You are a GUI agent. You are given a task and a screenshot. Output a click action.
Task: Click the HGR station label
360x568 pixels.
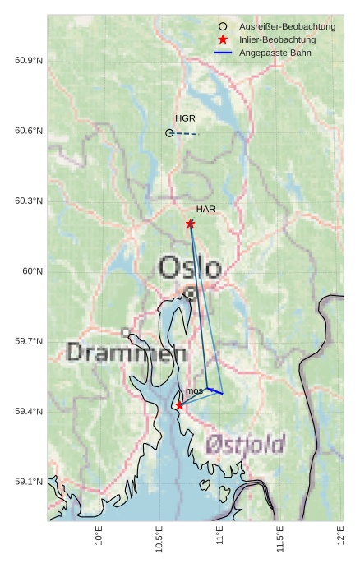tap(185, 118)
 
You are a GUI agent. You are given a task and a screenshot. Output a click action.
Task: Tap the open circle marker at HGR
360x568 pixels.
tap(169, 132)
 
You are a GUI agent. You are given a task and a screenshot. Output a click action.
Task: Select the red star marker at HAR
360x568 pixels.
tap(190, 224)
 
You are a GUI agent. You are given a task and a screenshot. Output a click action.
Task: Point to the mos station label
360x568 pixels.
tap(194, 390)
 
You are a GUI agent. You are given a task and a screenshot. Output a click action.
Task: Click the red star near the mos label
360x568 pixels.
tap(179, 405)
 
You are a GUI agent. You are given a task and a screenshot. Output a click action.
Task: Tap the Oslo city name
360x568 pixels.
tap(190, 267)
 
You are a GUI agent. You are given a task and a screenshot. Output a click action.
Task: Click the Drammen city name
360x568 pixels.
tap(126, 353)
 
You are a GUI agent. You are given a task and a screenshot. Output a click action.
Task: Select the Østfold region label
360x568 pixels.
tap(245, 444)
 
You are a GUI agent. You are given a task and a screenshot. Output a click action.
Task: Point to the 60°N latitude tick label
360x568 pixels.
tap(33, 271)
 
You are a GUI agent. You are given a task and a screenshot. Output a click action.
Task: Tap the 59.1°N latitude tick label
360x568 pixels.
tap(29, 482)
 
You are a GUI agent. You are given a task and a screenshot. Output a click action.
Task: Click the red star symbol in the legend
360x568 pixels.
tap(223, 39)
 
